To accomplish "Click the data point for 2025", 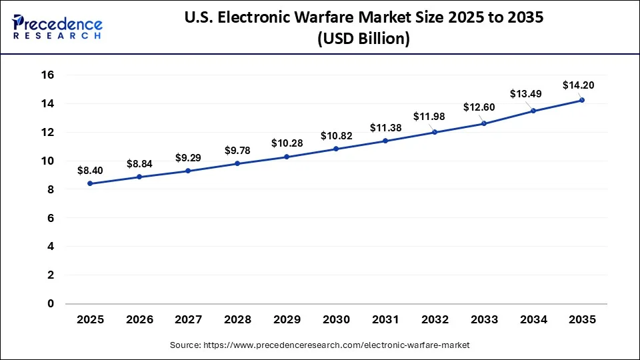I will click(90, 183).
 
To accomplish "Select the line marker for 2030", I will click(336, 149).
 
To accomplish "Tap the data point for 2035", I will click(582, 100).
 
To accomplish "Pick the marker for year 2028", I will click(237, 163).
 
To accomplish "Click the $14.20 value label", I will click(578, 85).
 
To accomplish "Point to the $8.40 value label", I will click(90, 170).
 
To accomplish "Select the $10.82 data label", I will click(336, 135).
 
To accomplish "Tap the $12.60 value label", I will click(479, 107).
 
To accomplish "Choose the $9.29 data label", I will click(188, 157).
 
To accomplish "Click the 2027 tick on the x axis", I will click(188, 320).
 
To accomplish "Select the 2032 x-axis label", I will click(434, 320).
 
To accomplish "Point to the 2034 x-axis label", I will click(533, 320).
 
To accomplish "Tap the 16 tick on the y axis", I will click(47, 75).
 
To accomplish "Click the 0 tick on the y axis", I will click(51, 303).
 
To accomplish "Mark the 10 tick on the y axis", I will click(47, 161).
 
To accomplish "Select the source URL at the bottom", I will click(319, 345).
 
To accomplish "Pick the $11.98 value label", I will click(429, 117).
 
